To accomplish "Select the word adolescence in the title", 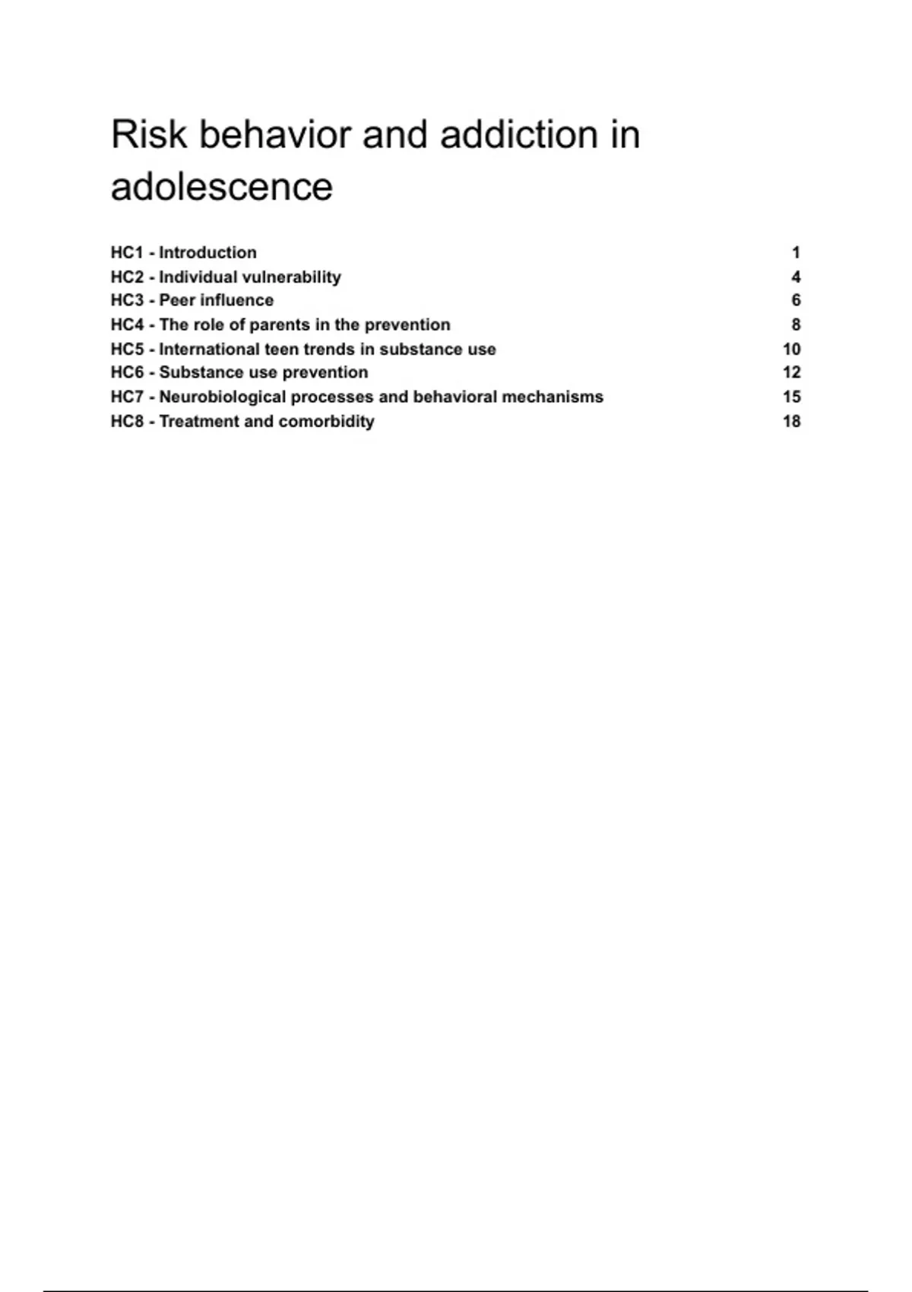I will coord(222,187).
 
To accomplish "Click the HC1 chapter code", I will coord(127,252).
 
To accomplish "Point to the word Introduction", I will coord(207,252).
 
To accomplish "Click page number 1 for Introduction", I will coord(796,252).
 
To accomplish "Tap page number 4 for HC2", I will coord(796,277).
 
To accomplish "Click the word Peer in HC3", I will coord(177,300).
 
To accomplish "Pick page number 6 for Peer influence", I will coord(796,300).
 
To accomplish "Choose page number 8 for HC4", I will coord(796,325).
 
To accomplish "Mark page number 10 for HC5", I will coord(792,349).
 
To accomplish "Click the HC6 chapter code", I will coord(127,372).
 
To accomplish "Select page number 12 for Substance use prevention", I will coord(792,372).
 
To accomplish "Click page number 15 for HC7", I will coord(792,397).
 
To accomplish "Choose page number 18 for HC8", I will coord(792,421).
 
